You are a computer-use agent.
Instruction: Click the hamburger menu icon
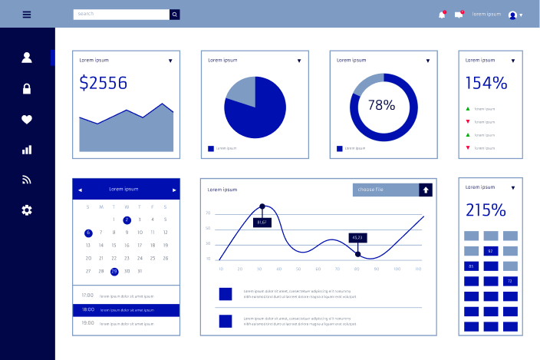tap(27, 14)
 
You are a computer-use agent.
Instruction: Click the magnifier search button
tap(175, 14)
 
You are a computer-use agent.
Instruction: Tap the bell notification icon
tap(442, 15)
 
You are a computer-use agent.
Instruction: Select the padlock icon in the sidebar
tap(27, 88)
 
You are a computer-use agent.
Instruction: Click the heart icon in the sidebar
tap(27, 119)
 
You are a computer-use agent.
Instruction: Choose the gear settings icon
tap(27, 210)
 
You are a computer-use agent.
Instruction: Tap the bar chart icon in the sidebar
tap(27, 150)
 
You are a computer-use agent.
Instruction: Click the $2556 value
tap(104, 83)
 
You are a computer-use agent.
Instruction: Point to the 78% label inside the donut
tap(381, 105)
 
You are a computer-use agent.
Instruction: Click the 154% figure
tap(486, 83)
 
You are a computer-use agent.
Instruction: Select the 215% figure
tap(486, 210)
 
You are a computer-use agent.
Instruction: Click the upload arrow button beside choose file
tap(426, 190)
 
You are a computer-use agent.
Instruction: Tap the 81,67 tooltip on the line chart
tap(262, 222)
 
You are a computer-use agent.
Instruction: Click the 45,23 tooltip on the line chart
tap(357, 237)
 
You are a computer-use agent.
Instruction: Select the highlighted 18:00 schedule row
tap(127, 310)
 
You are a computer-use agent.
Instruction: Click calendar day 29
tap(114, 271)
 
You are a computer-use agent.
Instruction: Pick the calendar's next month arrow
tap(174, 190)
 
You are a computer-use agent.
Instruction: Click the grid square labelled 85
tap(471, 266)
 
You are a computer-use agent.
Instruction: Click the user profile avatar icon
tap(512, 15)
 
